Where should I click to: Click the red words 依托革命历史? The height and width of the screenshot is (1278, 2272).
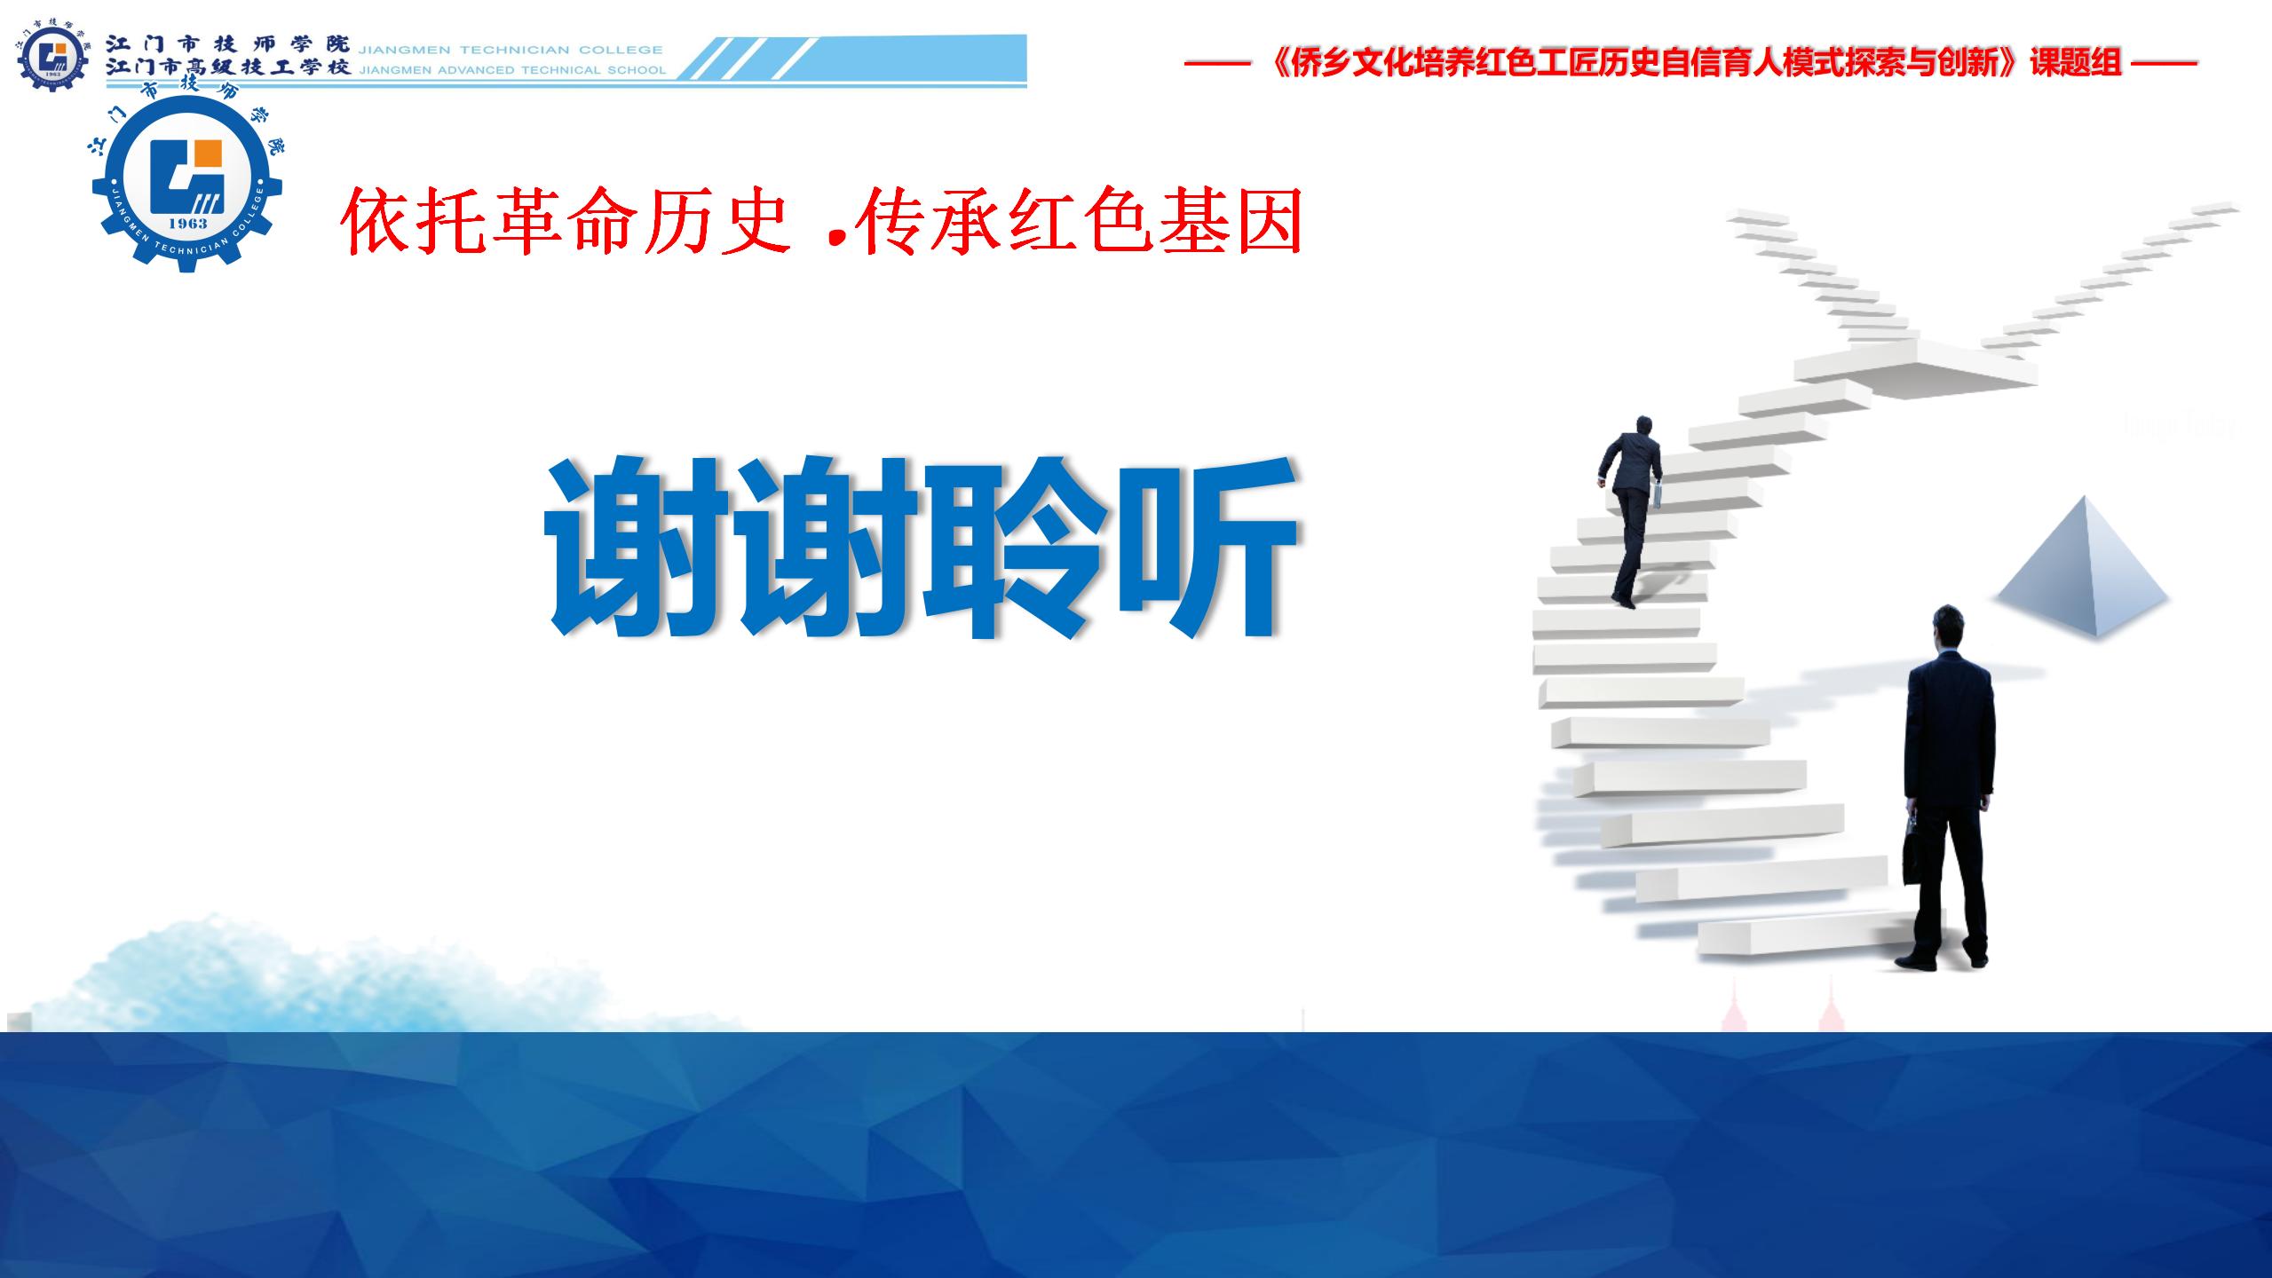click(566, 222)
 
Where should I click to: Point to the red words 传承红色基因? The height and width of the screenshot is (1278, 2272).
click(1077, 222)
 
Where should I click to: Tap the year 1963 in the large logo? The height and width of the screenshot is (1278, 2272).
click(187, 224)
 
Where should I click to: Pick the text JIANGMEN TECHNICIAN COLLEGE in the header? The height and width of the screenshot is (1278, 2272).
click(510, 50)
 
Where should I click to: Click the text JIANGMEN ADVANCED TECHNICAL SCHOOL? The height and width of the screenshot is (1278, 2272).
click(511, 70)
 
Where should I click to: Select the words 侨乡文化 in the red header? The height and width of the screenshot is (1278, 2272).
click(1353, 63)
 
